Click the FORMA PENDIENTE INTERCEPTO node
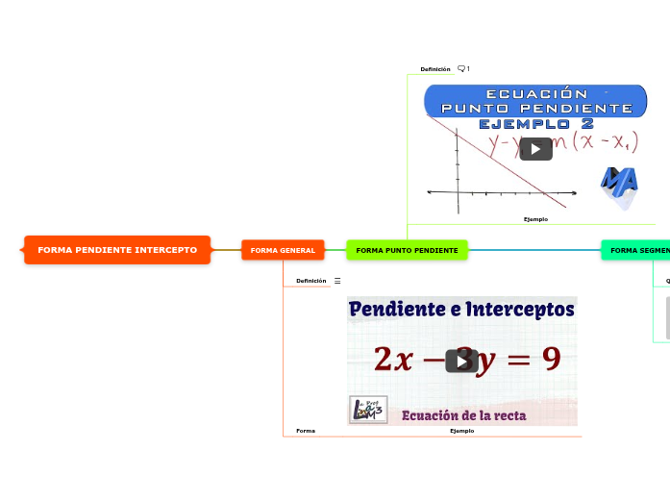tap(117, 250)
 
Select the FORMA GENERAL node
tap(283, 250)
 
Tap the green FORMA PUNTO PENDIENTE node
tap(407, 250)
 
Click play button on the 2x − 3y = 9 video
tap(462, 361)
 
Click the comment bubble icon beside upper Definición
tap(461, 69)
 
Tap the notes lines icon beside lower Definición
tap(337, 281)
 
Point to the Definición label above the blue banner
tap(435, 69)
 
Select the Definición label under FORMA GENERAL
tap(311, 281)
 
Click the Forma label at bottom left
tap(306, 431)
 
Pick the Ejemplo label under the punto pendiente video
tap(535, 219)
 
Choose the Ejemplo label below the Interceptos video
tap(462, 431)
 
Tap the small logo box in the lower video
tap(368, 410)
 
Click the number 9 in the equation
tap(551, 359)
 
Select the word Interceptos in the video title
tap(520, 310)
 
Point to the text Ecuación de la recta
tap(463, 415)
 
